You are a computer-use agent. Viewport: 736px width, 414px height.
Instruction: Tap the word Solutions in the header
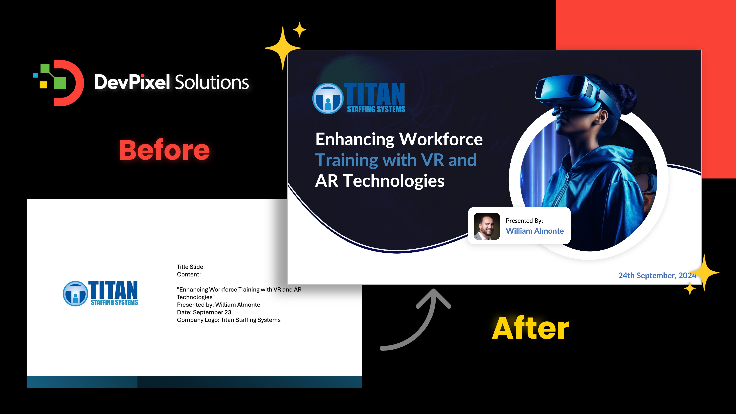[x=211, y=82]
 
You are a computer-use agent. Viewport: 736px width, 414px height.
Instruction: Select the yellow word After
[x=530, y=329]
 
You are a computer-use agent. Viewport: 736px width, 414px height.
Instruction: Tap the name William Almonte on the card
[x=535, y=231]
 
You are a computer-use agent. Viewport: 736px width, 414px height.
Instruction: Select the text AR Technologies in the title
[x=379, y=181]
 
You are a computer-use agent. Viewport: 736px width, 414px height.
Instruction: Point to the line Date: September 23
[x=204, y=312]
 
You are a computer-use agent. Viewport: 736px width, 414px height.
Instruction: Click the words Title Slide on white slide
[x=190, y=267]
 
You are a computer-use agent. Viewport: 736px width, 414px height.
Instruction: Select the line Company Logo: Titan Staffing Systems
[x=229, y=320]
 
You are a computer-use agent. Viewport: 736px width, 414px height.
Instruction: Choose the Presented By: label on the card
[x=524, y=221]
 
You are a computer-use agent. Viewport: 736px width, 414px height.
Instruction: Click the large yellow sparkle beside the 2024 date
[x=705, y=273]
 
